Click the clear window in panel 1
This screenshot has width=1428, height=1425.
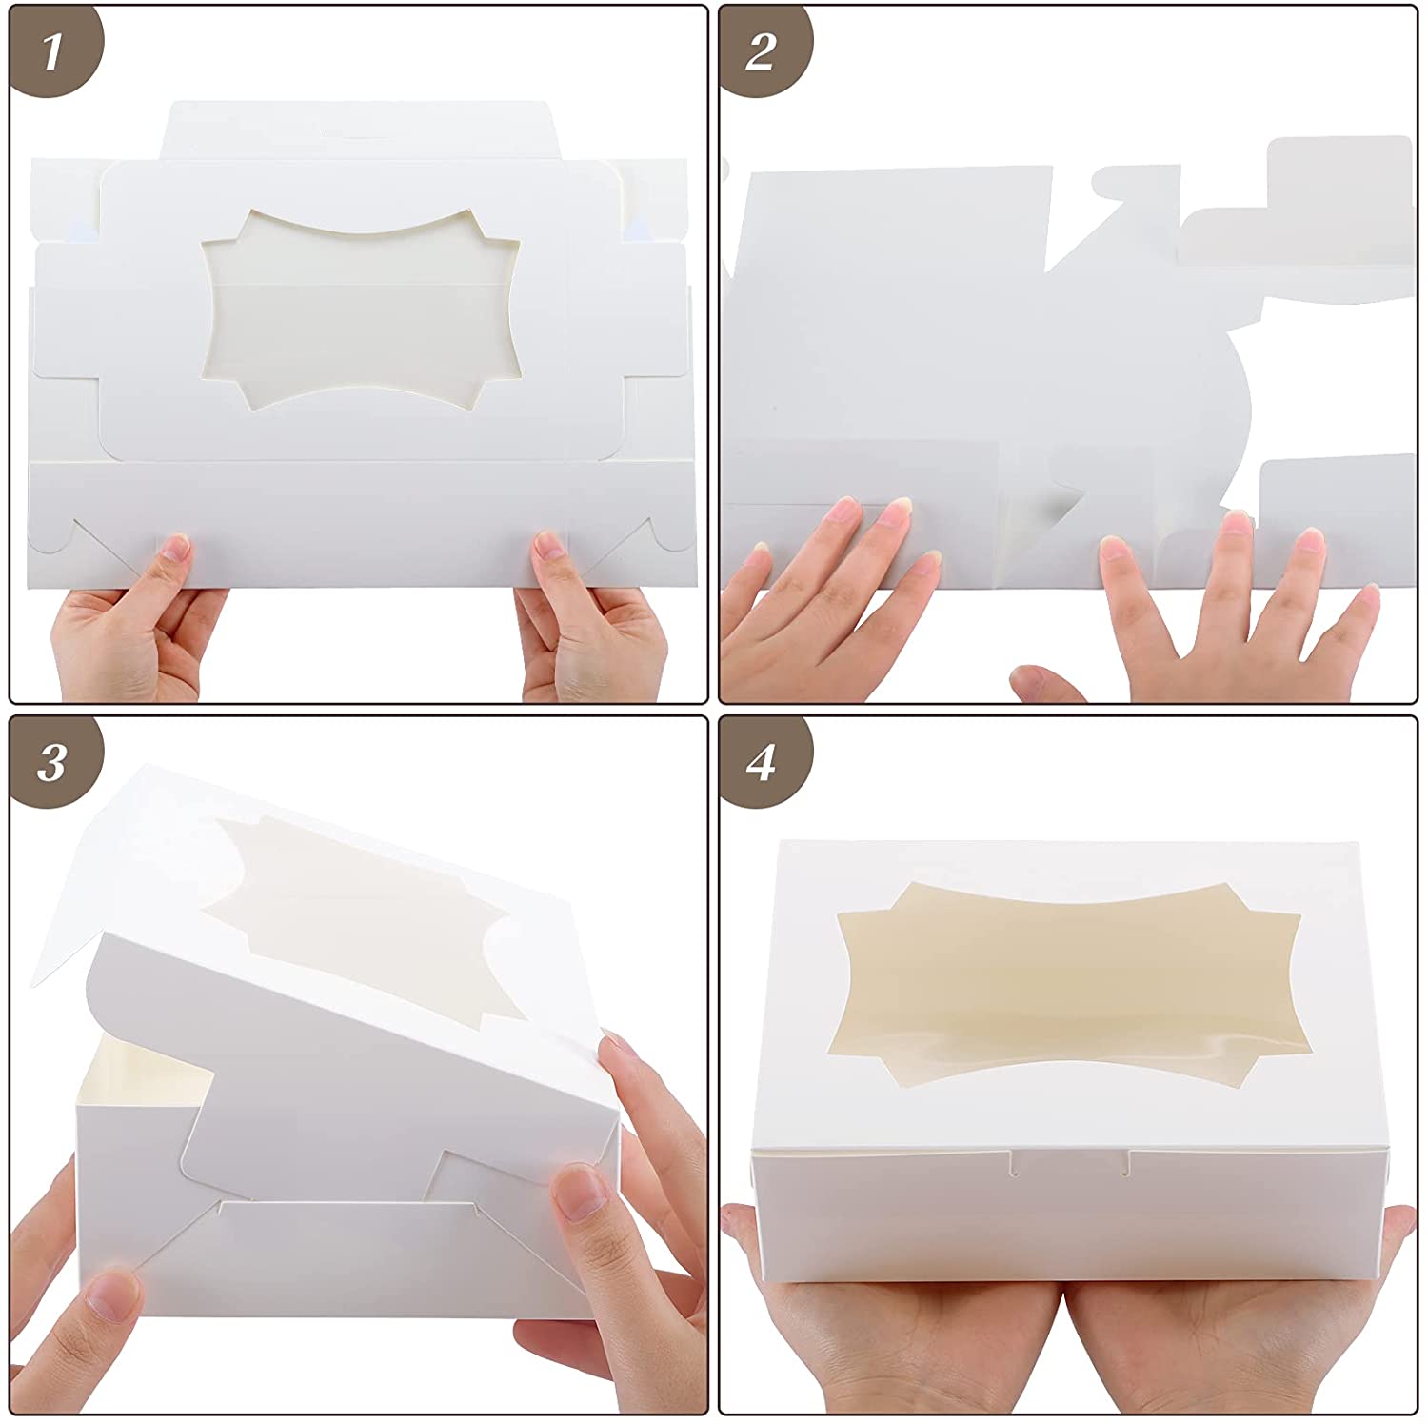pos(361,311)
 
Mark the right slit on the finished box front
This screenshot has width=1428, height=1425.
pos(1130,1161)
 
